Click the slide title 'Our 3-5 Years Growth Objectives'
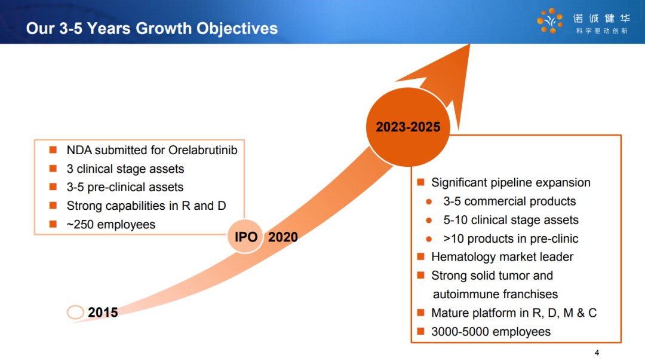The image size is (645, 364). tap(152, 29)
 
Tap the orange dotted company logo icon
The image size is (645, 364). tap(550, 20)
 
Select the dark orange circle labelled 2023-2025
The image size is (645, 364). tap(408, 127)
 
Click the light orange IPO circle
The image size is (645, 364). tap(245, 237)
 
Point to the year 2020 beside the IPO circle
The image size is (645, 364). tap(283, 237)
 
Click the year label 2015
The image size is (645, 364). tap(103, 313)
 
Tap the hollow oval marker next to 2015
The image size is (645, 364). tap(75, 312)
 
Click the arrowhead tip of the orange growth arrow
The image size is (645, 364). tap(469, 45)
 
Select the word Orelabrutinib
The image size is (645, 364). tap(203, 150)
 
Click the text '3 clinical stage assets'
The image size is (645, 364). tap(125, 169)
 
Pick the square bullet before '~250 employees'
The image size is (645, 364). tap(53, 224)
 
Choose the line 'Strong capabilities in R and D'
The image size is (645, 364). tap(146, 206)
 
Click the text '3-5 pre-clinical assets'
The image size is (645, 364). tap(125, 187)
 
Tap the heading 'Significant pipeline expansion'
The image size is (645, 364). tap(511, 182)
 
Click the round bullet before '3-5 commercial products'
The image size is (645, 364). tap(429, 202)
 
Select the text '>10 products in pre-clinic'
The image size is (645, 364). tap(511, 239)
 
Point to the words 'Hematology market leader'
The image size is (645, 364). tap(502, 257)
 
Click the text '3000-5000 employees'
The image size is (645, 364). tap(491, 332)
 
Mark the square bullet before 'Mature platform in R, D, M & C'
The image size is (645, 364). tap(420, 313)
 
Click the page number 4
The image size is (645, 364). tap(597, 353)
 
